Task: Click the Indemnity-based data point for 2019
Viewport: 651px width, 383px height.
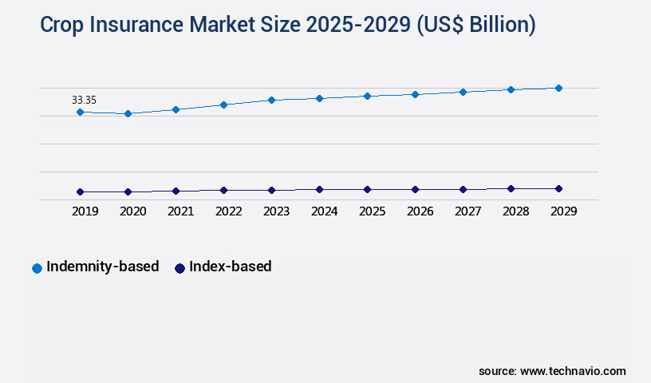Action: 80,113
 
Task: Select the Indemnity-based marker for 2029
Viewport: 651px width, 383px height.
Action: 558,88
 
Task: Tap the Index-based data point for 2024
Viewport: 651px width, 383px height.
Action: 319,190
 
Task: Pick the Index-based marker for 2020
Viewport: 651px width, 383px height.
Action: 128,192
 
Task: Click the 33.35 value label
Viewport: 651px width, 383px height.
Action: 85,101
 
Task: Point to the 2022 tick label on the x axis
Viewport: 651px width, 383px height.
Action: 229,211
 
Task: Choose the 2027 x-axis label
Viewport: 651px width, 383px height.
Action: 468,211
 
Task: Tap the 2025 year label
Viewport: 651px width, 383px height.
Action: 373,211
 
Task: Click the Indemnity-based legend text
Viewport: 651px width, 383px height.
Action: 103,267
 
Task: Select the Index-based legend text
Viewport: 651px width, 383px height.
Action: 231,267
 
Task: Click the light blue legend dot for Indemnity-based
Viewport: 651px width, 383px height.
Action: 37,268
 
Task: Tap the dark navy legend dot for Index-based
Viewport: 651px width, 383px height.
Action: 180,268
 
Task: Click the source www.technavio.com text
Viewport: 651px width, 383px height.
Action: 552,371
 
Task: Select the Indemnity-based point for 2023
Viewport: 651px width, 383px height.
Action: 271,100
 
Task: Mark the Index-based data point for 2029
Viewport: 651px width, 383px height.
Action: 558,188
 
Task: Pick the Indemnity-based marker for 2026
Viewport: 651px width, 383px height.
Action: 415,94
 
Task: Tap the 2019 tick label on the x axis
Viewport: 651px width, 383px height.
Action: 85,211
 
